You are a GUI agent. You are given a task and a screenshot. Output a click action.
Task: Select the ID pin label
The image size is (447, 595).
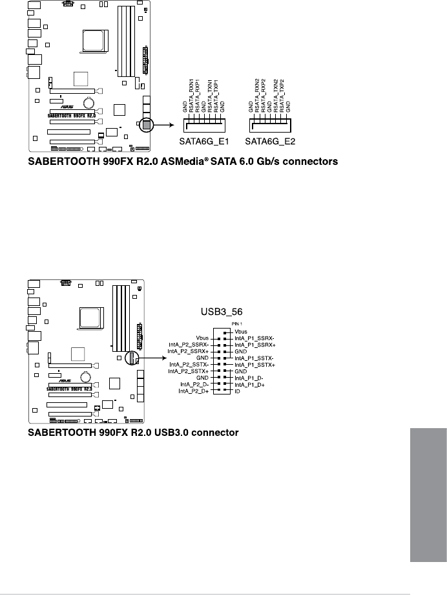[238, 392]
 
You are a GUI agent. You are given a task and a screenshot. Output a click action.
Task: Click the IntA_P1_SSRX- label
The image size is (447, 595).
[255, 337]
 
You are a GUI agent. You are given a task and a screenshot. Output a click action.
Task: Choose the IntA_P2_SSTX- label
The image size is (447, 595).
[189, 364]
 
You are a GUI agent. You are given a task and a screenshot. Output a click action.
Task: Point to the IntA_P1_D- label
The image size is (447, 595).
[249, 378]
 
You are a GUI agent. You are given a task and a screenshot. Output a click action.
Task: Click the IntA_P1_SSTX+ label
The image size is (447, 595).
[255, 365]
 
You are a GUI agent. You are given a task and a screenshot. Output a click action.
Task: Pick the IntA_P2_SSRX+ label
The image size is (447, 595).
[189, 351]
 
